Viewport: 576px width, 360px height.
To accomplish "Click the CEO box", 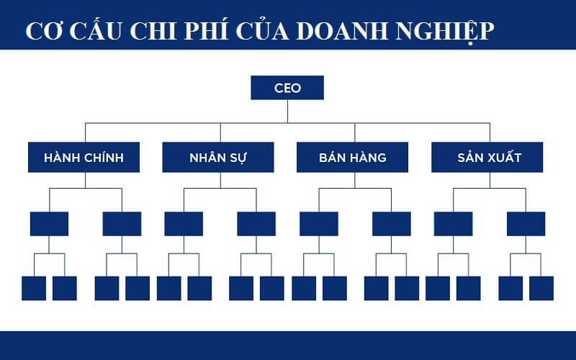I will (x=287, y=88).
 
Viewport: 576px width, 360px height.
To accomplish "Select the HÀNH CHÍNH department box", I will (x=84, y=157).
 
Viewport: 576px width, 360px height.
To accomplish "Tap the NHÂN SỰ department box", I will (x=218, y=157).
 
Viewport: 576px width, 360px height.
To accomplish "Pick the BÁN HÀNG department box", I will (x=353, y=157).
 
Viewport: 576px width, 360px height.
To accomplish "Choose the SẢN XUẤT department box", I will (x=487, y=157).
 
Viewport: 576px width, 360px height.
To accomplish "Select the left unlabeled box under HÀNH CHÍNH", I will (x=49, y=224).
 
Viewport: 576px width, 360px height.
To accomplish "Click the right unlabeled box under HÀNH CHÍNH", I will (x=122, y=224).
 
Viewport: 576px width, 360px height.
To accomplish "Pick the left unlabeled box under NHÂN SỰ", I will (x=184, y=224).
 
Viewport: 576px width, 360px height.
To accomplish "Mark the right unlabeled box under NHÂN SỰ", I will (x=256, y=224).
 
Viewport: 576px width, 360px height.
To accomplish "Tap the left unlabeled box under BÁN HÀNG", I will (x=319, y=224).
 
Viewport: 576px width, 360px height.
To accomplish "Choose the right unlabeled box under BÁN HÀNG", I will (x=392, y=224).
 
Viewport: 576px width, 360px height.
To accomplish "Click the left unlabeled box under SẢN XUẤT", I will (x=453, y=224).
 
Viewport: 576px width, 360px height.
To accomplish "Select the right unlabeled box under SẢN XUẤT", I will (x=526, y=224).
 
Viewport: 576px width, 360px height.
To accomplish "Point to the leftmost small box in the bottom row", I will (x=34, y=288).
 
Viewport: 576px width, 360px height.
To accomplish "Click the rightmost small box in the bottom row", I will (x=541, y=288).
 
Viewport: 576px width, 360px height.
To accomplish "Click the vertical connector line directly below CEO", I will (x=287, y=111).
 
